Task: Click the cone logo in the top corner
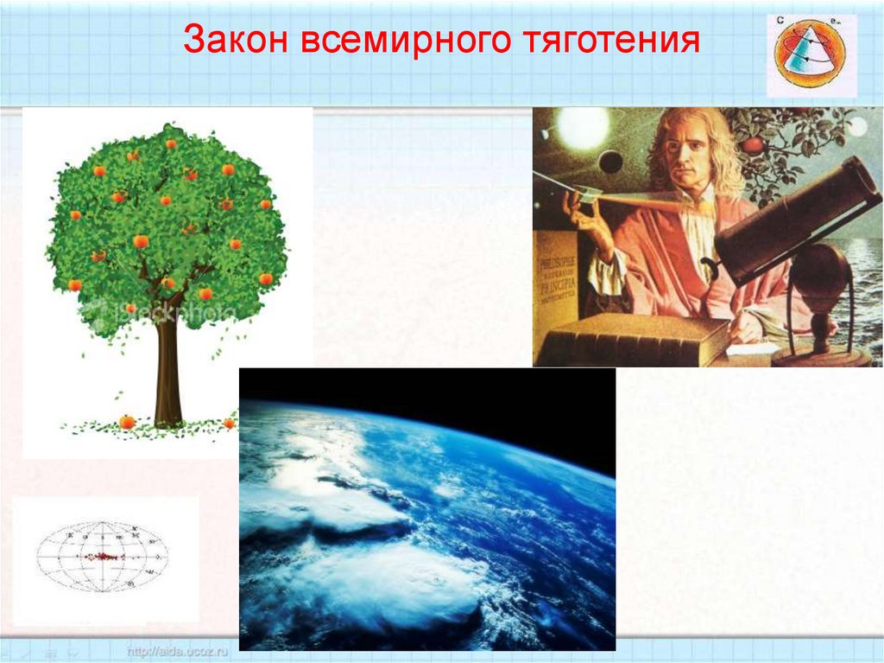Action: coord(811,54)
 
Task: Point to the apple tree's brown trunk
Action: coord(167,372)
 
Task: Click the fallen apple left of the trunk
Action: coord(127,422)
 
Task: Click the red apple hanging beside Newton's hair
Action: coord(753,144)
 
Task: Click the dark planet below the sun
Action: coord(610,162)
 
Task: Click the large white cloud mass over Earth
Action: coord(371,588)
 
